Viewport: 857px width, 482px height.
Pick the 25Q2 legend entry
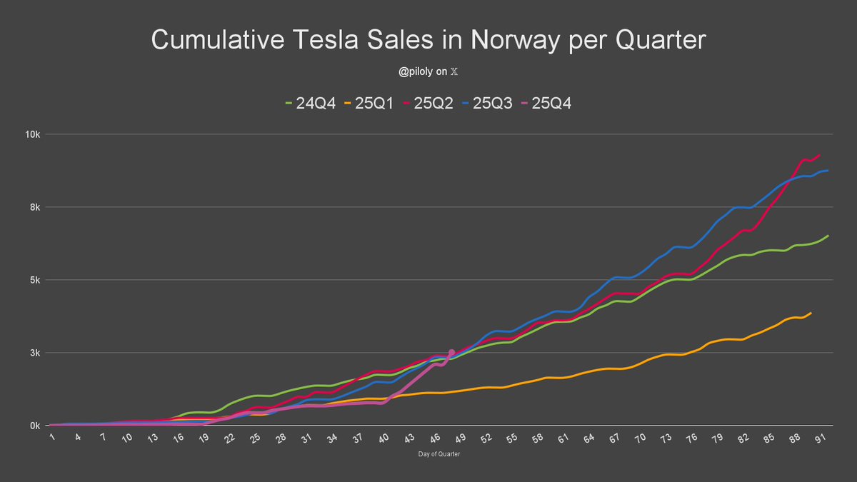(x=433, y=103)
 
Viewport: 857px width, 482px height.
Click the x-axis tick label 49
(x=461, y=437)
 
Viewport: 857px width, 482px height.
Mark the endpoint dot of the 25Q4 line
(x=451, y=352)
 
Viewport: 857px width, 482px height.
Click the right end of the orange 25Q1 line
(x=811, y=313)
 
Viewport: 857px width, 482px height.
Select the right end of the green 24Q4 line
(x=828, y=236)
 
